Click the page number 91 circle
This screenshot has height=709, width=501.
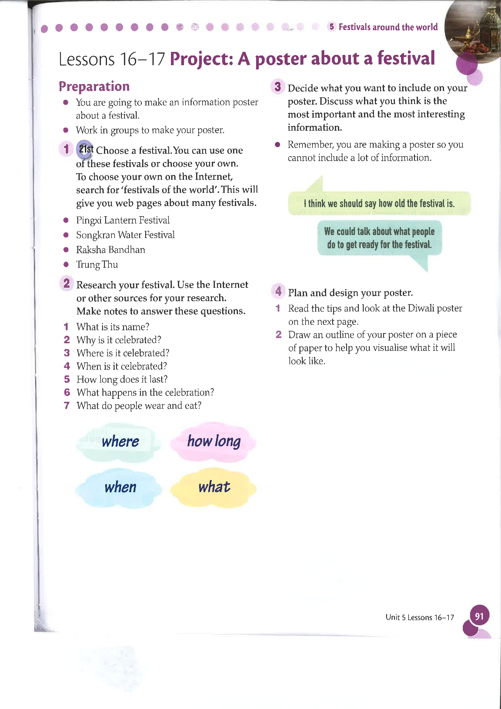tap(479, 616)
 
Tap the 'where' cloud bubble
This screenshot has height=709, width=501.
tap(120, 442)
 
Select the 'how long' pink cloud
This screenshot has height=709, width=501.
tap(214, 441)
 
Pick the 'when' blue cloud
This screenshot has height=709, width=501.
tap(120, 488)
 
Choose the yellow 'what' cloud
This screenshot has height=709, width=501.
tap(214, 487)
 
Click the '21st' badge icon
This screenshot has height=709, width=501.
tap(85, 150)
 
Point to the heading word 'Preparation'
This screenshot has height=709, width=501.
tap(94, 86)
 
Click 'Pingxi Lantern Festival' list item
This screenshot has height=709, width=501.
tap(123, 220)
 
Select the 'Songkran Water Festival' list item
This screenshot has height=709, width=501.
tap(125, 235)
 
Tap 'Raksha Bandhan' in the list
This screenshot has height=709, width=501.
tap(111, 250)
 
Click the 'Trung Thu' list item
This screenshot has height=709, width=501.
tap(97, 265)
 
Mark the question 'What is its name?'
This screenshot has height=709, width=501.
tap(113, 327)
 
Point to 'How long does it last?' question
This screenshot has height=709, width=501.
tap(122, 379)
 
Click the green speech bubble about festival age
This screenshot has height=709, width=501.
tap(379, 203)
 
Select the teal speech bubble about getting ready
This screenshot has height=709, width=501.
tap(379, 238)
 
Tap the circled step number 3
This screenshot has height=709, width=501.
tap(278, 87)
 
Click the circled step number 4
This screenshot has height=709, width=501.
tap(279, 291)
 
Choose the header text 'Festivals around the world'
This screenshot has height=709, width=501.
tap(388, 27)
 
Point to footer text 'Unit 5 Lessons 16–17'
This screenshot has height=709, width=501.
tap(419, 617)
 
